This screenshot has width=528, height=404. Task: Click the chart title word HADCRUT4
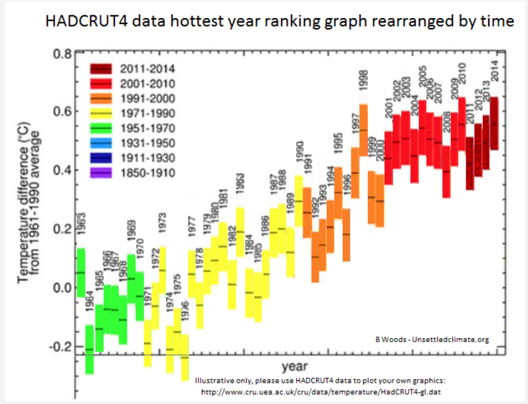pyautogui.click(x=82, y=21)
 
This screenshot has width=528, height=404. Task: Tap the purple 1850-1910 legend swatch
pyautogui.click(x=103, y=173)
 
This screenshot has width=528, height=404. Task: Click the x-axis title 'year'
pyautogui.click(x=293, y=366)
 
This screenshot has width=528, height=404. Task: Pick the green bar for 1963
pyautogui.click(x=80, y=272)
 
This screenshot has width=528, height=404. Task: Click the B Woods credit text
pyautogui.click(x=431, y=340)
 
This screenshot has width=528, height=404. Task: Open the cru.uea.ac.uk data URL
pyautogui.click(x=321, y=393)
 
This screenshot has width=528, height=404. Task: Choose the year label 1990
pyautogui.click(x=299, y=156)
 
